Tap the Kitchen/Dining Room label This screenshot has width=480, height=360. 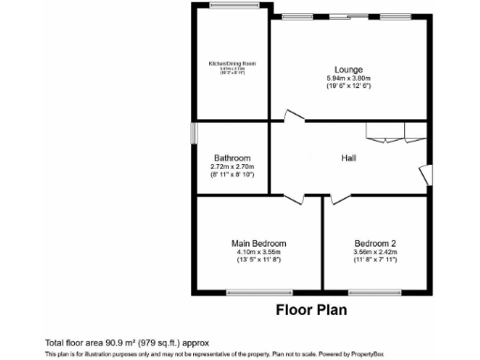pos(232,63)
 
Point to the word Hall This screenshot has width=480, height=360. pos(348,158)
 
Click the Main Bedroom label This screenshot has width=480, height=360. pos(259,244)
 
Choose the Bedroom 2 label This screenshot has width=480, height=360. pos(375,244)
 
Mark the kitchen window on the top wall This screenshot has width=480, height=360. pos(232,6)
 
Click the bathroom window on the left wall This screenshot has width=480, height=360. pos(193,134)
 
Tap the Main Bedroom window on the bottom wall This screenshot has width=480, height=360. pos(259,292)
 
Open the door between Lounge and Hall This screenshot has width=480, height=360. pos(294,117)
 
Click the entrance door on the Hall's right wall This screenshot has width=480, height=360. pos(426,174)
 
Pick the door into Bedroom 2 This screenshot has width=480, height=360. pos(337,197)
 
